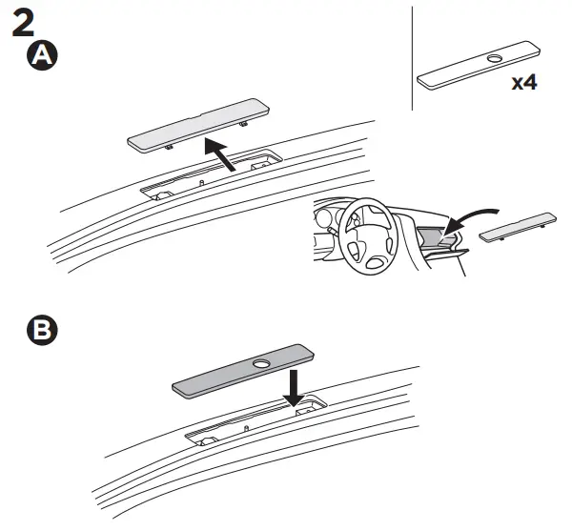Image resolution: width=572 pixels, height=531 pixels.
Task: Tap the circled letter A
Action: click(x=42, y=56)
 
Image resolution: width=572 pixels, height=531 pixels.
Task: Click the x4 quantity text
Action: click(x=523, y=82)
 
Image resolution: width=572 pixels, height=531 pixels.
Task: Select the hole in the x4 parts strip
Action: click(x=493, y=60)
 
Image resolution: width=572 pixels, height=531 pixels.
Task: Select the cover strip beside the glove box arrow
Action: click(x=519, y=226)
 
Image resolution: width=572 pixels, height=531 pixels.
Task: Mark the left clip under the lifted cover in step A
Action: click(x=169, y=148)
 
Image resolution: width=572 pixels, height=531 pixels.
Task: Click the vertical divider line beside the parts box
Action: click(x=412, y=57)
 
